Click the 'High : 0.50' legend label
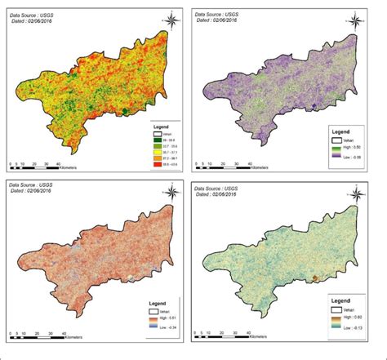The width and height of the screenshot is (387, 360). tap(343, 144)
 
